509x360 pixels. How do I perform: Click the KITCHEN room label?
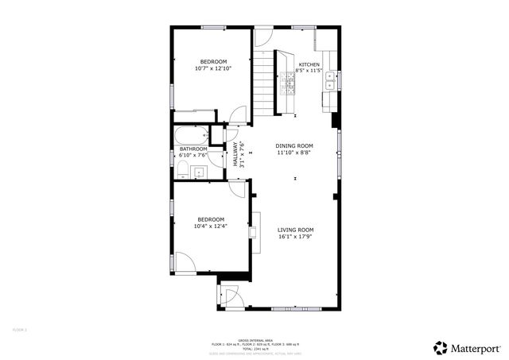tap(309, 64)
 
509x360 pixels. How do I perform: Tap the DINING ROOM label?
tap(294, 145)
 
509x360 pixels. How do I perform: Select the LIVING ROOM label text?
tap(296, 230)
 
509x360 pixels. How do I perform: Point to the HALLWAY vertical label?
tap(235, 153)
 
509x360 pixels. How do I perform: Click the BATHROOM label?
tap(193, 149)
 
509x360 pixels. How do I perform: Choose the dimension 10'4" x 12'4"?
tap(211, 226)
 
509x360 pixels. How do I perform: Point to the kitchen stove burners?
tap(288, 84)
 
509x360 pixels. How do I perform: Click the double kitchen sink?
tap(331, 82)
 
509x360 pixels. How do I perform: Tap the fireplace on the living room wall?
tap(254, 231)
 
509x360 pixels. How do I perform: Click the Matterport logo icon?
tap(440, 347)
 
